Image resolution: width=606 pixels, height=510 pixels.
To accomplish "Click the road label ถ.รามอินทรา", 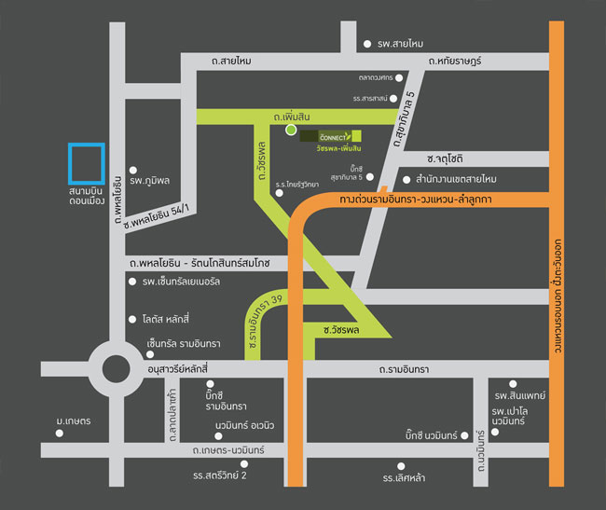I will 404,371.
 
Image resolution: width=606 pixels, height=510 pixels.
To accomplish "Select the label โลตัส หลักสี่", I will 173,319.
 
